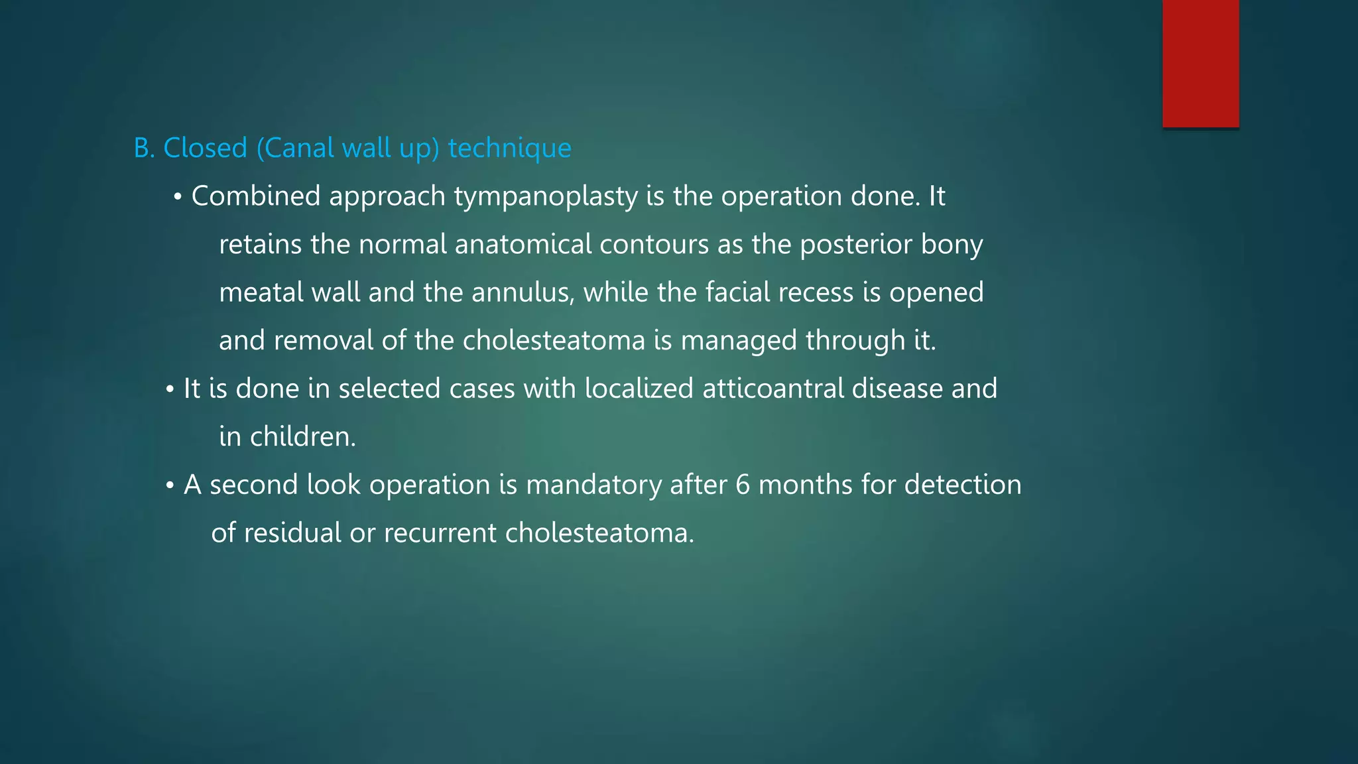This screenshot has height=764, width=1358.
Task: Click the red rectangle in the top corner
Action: click(1200, 63)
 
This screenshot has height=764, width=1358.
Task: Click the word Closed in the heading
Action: click(205, 148)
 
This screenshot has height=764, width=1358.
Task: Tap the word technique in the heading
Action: click(509, 148)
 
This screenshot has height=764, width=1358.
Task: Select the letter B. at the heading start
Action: click(144, 148)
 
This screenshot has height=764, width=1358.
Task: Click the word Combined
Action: click(256, 196)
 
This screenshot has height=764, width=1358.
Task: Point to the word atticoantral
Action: click(772, 389)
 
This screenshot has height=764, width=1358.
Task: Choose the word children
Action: click(302, 437)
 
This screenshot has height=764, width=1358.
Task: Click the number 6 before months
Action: click(743, 485)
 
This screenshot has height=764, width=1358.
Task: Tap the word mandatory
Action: click(593, 485)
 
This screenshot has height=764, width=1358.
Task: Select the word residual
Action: click(292, 533)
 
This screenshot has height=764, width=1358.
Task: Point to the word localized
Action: click(639, 389)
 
